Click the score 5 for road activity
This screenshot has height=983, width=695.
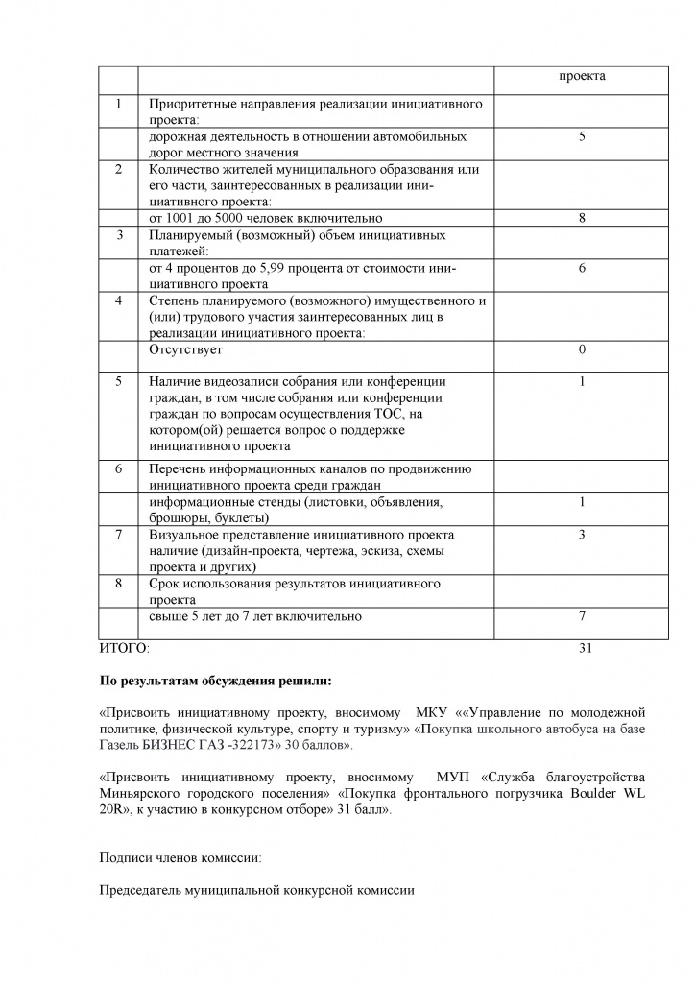tap(582, 137)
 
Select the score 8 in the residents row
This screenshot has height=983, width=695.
tap(582, 218)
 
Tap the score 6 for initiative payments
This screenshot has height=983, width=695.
tap(582, 269)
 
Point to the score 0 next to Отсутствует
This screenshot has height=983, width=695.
tap(582, 349)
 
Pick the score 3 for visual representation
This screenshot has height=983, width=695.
tap(582, 535)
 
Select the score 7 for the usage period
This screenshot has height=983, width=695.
tap(582, 615)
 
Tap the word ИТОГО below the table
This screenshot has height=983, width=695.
tap(123, 649)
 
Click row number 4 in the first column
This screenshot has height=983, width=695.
tap(118, 300)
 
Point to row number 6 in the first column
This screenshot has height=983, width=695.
tap(118, 469)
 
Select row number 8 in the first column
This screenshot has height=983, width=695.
tap(118, 584)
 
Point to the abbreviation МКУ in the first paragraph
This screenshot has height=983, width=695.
tap(434, 713)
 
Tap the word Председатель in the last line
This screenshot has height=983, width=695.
tap(145, 890)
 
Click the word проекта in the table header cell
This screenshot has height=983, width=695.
tap(582, 75)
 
